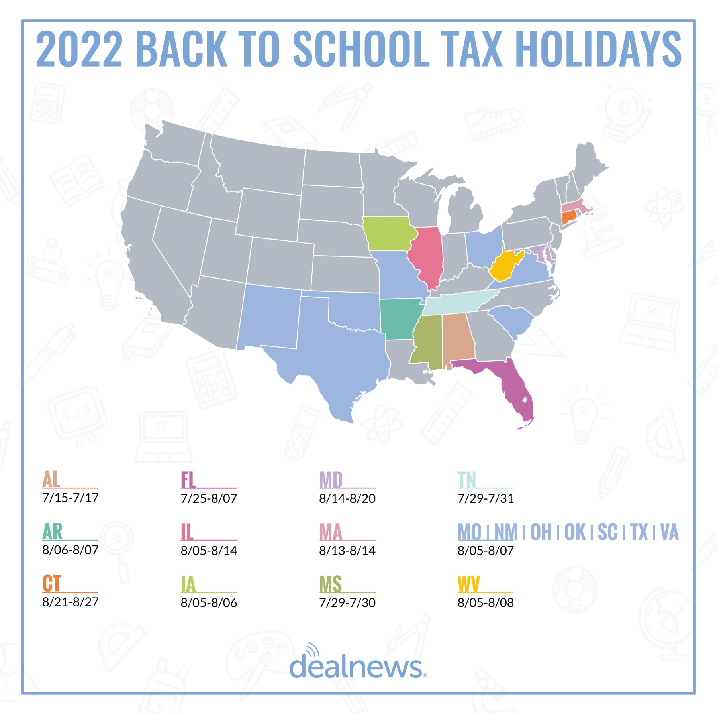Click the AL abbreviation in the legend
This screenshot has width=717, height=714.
(51, 479)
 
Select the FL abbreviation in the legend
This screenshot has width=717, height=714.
(188, 480)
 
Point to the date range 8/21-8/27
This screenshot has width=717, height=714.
(71, 602)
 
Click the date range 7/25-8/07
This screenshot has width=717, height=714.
(209, 498)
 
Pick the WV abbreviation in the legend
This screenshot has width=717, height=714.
(469, 584)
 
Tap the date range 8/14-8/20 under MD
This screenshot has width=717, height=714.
(347, 498)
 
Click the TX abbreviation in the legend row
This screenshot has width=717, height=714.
(639, 532)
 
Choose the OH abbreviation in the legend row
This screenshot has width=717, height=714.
(541, 532)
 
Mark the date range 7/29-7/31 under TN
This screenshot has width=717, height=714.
(486, 498)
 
